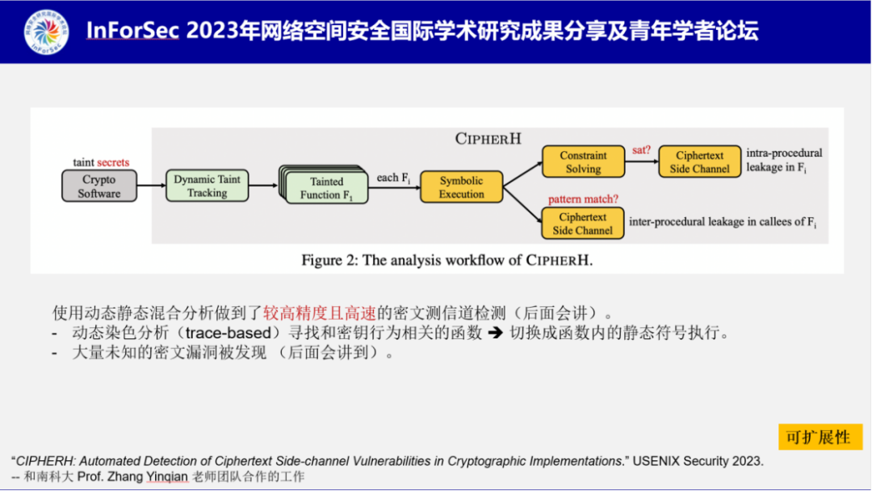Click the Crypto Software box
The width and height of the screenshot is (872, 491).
point(99,187)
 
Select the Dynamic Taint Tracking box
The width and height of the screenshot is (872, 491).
point(208,187)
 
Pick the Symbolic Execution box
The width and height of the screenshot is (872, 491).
point(462,187)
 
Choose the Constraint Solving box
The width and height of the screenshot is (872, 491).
point(583,162)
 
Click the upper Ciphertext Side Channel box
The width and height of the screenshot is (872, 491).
point(699,162)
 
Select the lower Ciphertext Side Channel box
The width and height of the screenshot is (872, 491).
point(583,224)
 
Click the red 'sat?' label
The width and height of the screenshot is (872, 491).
point(640,150)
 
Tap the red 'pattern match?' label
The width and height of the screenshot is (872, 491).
point(583,199)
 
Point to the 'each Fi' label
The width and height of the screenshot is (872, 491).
point(393,178)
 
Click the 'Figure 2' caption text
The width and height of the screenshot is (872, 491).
point(453,260)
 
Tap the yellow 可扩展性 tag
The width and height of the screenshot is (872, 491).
point(819,437)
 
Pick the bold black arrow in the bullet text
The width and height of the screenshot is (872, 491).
point(495,333)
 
